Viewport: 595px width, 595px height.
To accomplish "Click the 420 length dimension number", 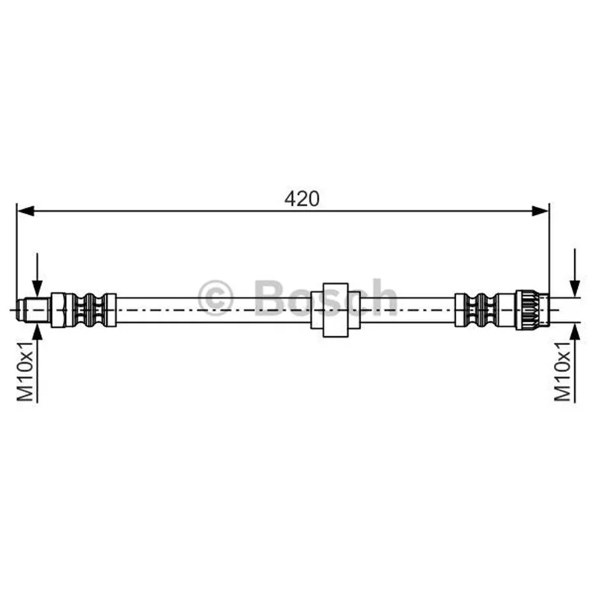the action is point(302,199).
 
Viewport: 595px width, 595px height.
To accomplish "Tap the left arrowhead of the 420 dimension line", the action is point(26,211).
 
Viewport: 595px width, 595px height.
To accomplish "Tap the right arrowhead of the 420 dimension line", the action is point(541,211).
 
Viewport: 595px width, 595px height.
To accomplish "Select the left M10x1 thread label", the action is point(26,371).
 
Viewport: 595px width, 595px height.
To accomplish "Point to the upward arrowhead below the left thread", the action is point(37,332).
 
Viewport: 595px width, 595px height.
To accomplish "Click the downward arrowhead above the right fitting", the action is point(575,288).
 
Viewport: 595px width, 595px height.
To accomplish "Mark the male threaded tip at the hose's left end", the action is point(33,310).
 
